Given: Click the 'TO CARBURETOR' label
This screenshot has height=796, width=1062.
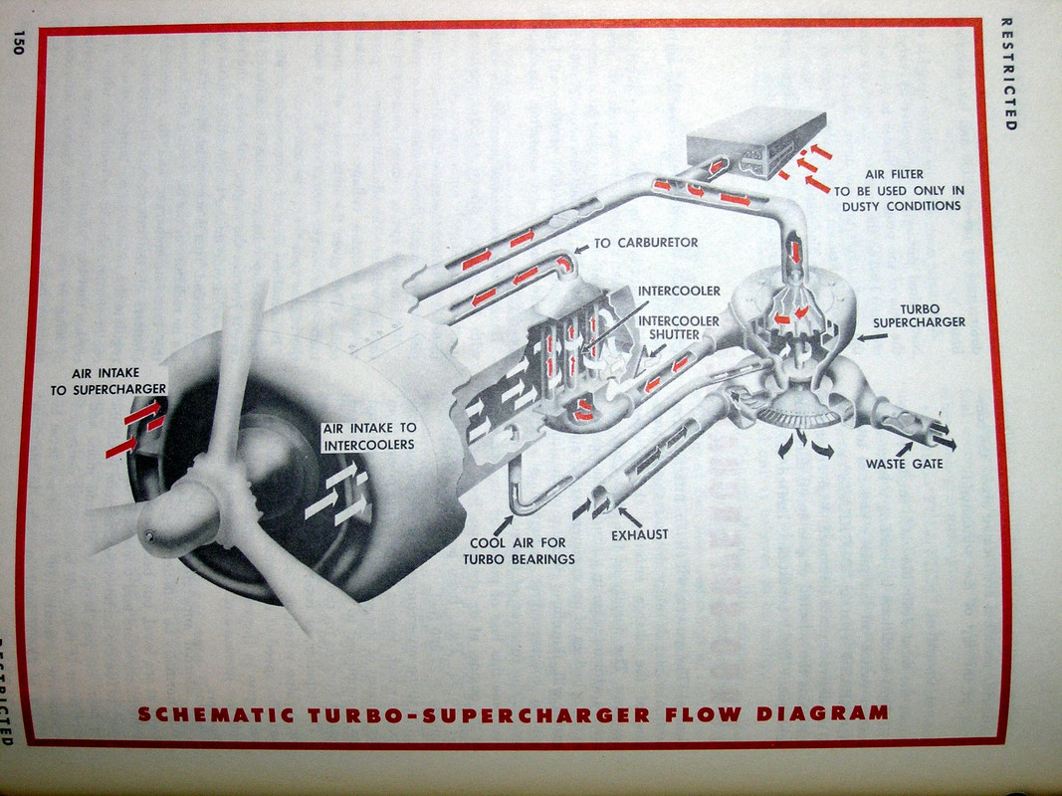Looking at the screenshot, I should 646,243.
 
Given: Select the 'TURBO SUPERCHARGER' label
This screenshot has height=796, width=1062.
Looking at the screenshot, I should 919,315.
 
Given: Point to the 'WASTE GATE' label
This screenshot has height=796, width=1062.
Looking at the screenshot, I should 905,464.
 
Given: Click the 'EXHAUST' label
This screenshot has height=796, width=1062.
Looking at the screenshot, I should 639,534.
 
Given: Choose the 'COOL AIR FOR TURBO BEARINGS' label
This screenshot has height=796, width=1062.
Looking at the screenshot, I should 519,551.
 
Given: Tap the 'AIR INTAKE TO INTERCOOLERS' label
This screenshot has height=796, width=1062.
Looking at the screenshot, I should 368,436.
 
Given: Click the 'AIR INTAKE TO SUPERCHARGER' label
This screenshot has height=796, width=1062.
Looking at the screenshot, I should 108,382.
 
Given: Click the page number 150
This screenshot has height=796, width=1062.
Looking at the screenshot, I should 18,43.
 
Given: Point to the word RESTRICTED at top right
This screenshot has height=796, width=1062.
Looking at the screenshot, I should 1006,74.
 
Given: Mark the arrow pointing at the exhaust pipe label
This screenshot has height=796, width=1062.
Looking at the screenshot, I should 629,516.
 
